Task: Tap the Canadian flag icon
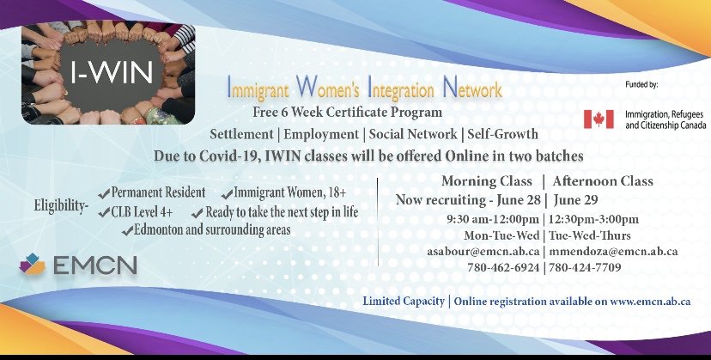pyautogui.click(x=599, y=119)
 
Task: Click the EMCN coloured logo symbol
pyautogui.click(x=32, y=264)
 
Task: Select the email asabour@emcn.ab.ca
pyautogui.click(x=483, y=251)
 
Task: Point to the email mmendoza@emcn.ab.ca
pyautogui.click(x=613, y=251)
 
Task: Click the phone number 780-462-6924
pyautogui.click(x=503, y=267)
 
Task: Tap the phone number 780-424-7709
pyautogui.click(x=585, y=267)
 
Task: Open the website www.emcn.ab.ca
pyautogui.click(x=650, y=301)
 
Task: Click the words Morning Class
pyautogui.click(x=487, y=181)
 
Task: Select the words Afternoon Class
pyautogui.click(x=603, y=181)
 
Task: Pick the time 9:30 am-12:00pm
pyautogui.click(x=493, y=219)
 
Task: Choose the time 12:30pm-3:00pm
pyautogui.click(x=593, y=219)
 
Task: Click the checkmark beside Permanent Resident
pyautogui.click(x=104, y=194)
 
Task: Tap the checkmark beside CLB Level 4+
pyautogui.click(x=104, y=212)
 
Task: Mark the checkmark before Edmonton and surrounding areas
pyautogui.click(x=127, y=231)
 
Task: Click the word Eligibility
pyautogui.click(x=61, y=206)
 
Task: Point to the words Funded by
pyautogui.click(x=641, y=84)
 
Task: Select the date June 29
pyautogui.click(x=575, y=199)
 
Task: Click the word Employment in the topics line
pyautogui.click(x=321, y=134)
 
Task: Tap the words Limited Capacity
pyautogui.click(x=404, y=301)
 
